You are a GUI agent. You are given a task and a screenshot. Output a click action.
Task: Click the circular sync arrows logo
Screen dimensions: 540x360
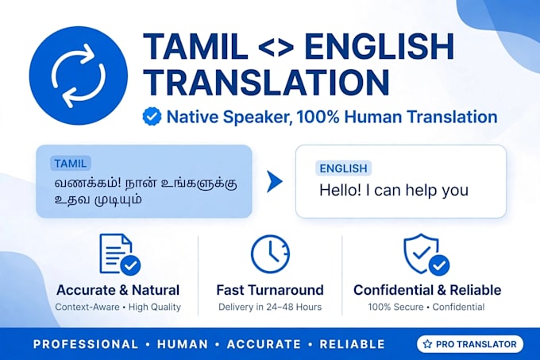pyautogui.click(x=79, y=75)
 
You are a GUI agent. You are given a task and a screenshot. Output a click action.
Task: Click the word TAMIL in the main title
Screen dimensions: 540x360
pyautogui.click(x=195, y=47)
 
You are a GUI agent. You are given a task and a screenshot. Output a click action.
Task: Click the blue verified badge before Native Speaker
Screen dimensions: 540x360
pyautogui.click(x=152, y=117)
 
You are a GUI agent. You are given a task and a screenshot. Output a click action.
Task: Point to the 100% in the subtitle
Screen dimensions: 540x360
pyautogui.click(x=318, y=117)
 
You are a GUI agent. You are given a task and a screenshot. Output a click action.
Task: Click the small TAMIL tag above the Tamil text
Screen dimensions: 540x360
pyautogui.click(x=70, y=163)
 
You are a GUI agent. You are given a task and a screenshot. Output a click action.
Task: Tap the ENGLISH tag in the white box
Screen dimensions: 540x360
pyautogui.click(x=343, y=168)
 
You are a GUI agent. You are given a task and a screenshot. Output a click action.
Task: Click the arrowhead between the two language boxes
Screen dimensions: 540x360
pyautogui.click(x=274, y=181)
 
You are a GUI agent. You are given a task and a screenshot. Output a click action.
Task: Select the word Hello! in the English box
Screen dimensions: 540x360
pyautogui.click(x=340, y=190)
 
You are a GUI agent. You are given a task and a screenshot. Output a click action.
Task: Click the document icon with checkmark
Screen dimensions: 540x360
pyautogui.click(x=119, y=254)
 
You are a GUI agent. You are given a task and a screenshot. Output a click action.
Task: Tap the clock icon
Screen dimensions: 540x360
pyautogui.click(x=270, y=254)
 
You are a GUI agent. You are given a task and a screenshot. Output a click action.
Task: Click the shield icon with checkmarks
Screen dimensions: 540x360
pyautogui.click(x=426, y=254)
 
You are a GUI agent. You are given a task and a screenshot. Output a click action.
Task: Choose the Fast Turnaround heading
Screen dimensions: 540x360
pyautogui.click(x=270, y=290)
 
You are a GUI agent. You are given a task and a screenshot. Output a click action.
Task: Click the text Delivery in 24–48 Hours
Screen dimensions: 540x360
pyautogui.click(x=270, y=307)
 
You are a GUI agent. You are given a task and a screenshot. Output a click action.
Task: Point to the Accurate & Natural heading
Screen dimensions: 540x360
pyautogui.click(x=118, y=290)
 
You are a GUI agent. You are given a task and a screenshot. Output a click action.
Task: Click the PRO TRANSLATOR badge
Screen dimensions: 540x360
pyautogui.click(x=470, y=344)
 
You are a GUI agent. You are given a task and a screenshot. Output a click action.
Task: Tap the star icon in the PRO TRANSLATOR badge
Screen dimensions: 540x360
pyautogui.click(x=427, y=344)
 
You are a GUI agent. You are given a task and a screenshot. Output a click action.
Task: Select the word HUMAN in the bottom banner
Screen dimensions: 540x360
pyautogui.click(x=183, y=344)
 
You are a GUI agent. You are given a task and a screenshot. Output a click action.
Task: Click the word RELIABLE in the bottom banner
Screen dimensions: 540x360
pyautogui.click(x=353, y=344)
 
